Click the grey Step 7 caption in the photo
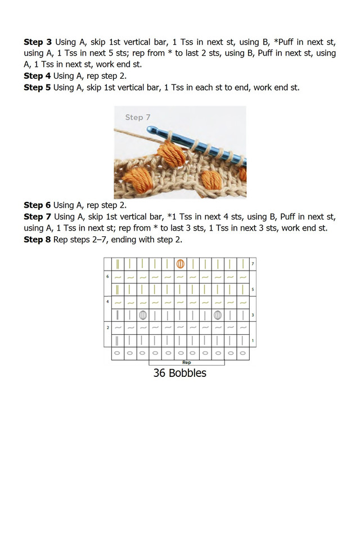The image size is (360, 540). coord(138,118)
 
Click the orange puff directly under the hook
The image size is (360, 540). coord(167,152)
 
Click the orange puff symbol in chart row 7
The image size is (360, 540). coord(181,263)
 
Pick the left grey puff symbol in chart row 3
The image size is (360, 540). coord(143,315)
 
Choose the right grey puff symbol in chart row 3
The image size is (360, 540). coord(218,315)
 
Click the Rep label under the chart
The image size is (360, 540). coord(186,363)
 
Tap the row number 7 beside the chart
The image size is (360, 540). coord(253,263)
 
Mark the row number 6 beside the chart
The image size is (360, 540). coord(107,277)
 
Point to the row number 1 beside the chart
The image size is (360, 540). coord(253,340)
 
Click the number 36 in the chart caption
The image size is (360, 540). coord(159,373)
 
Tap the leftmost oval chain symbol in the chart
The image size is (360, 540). coord(118,353)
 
